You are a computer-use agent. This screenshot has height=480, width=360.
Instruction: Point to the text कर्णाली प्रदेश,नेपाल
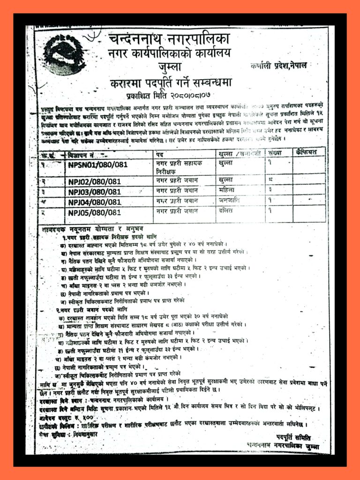(x=278, y=65)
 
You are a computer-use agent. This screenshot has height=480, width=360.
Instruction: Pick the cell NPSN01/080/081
(x=98, y=165)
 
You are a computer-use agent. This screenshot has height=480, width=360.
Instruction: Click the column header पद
(x=160, y=154)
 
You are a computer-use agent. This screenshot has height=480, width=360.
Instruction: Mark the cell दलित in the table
(x=227, y=212)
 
